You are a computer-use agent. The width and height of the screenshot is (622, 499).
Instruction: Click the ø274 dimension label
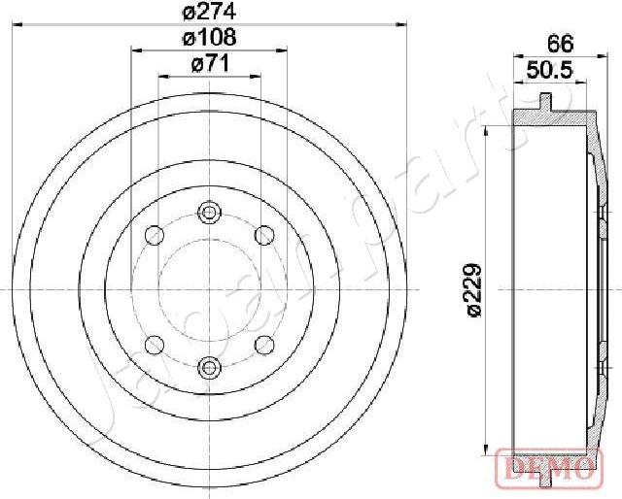click(209, 11)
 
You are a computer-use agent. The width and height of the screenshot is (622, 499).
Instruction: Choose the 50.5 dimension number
click(547, 70)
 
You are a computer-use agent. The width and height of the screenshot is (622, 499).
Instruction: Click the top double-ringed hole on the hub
click(209, 213)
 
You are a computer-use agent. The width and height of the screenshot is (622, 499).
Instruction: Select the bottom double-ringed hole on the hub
click(209, 366)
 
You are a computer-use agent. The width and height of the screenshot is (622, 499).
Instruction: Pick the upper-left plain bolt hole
click(153, 235)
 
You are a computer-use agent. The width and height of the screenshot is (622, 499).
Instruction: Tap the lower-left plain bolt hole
click(153, 344)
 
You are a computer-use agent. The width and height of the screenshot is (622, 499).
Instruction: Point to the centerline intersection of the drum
click(209, 289)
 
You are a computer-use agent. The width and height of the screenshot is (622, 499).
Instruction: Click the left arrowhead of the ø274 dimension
click(20, 22)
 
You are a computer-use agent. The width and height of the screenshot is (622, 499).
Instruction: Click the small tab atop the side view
click(549, 99)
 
